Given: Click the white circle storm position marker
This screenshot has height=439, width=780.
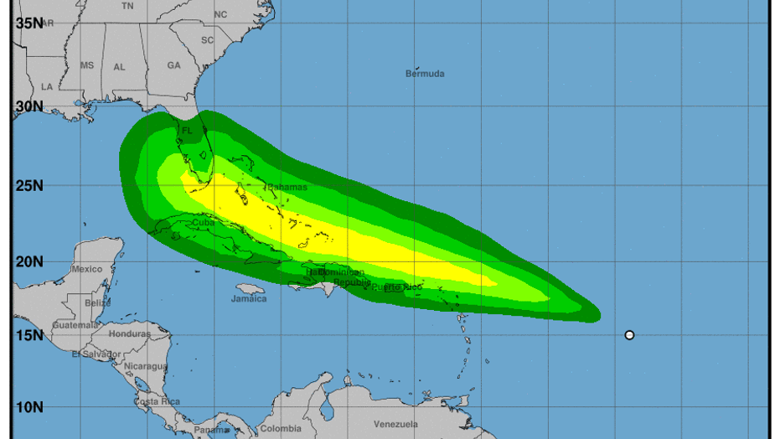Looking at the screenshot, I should click(x=629, y=335).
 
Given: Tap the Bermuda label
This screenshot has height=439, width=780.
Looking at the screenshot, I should click(x=425, y=74).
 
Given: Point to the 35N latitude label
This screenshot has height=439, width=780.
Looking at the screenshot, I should click(x=29, y=23).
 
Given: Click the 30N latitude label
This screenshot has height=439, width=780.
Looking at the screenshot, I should click(x=29, y=106).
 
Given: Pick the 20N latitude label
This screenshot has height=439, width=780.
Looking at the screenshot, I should click(x=29, y=261).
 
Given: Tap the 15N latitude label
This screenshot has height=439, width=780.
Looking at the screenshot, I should click(x=29, y=335).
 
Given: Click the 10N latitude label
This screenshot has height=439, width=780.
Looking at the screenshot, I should click(x=29, y=407).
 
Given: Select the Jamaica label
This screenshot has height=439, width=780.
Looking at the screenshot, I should click(x=249, y=298).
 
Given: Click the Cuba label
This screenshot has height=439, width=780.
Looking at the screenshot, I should click(x=204, y=223).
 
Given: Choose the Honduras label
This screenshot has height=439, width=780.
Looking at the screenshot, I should click(x=129, y=333).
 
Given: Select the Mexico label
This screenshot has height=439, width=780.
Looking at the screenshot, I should click(x=86, y=269).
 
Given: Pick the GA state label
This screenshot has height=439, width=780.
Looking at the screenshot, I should click(x=173, y=65).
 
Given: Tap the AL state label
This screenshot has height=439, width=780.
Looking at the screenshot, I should click(x=120, y=66).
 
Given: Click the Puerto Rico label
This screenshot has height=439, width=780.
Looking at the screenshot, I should click(x=397, y=287).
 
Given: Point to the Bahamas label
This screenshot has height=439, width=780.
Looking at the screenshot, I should click(x=287, y=187).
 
